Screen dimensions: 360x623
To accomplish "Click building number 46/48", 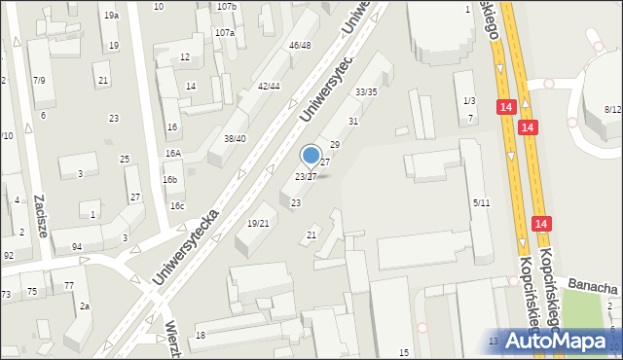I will click(x=299, y=46).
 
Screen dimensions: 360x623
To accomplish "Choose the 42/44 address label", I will click(x=269, y=86).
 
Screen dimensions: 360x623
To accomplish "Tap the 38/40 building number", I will click(x=235, y=138).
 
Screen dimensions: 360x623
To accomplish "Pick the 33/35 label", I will click(x=366, y=91).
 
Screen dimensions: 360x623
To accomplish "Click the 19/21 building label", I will click(x=258, y=223).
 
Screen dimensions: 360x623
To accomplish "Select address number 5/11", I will click(x=481, y=202).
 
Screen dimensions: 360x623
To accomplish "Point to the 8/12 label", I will click(x=612, y=109).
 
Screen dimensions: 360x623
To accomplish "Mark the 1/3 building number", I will click(x=469, y=101).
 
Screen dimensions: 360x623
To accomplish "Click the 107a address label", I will click(x=225, y=32).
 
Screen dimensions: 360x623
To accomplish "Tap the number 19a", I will click(x=112, y=16).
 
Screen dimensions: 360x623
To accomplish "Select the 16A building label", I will click(x=172, y=154).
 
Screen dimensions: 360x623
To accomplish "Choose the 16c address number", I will click(x=176, y=206).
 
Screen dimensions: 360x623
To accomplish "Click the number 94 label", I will click(x=77, y=247).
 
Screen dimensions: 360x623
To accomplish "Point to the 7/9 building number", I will click(x=39, y=80).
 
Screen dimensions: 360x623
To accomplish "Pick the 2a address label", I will click(x=85, y=306).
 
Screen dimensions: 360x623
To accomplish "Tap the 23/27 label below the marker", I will click(x=305, y=176).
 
